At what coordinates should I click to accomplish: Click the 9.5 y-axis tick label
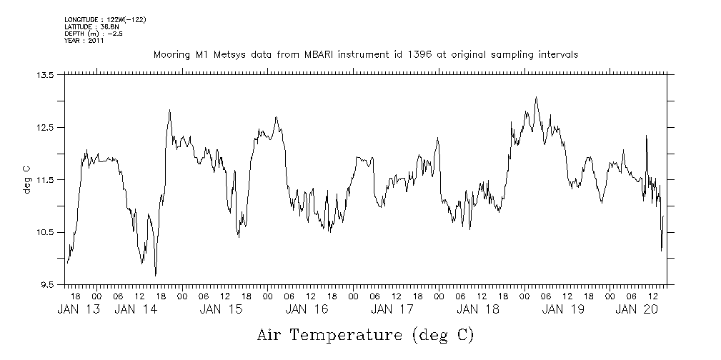click(46, 285)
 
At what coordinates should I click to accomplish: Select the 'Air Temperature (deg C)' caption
click(365, 334)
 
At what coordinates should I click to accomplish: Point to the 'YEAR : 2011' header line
click(84, 41)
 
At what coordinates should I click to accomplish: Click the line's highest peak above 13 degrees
click(536, 98)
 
